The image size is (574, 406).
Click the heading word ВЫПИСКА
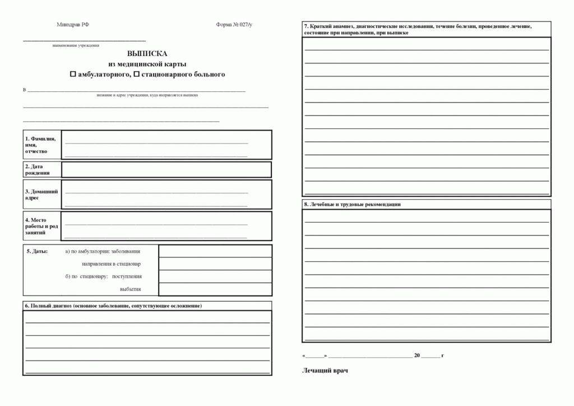[147, 54]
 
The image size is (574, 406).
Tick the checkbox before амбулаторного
[72, 74]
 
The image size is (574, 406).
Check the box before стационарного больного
[136, 74]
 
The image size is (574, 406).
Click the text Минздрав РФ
[73, 25]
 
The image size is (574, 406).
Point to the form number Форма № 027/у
[234, 25]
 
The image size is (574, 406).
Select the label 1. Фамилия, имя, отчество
[40, 145]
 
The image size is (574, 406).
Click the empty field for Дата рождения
[166, 169]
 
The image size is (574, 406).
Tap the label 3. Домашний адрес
[41, 195]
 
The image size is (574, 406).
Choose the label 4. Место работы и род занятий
[41, 226]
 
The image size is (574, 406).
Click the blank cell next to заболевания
[215, 251]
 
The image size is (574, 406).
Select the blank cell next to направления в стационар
[215, 264]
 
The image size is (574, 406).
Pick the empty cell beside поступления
[215, 276]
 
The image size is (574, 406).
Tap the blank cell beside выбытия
[215, 289]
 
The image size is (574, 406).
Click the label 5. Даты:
[37, 251]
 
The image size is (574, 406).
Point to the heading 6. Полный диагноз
[113, 306]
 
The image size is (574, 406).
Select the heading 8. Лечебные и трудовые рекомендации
[353, 205]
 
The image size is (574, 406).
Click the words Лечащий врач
[325, 370]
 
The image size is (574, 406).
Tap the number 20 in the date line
[416, 356]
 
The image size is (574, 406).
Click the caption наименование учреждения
[76, 45]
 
